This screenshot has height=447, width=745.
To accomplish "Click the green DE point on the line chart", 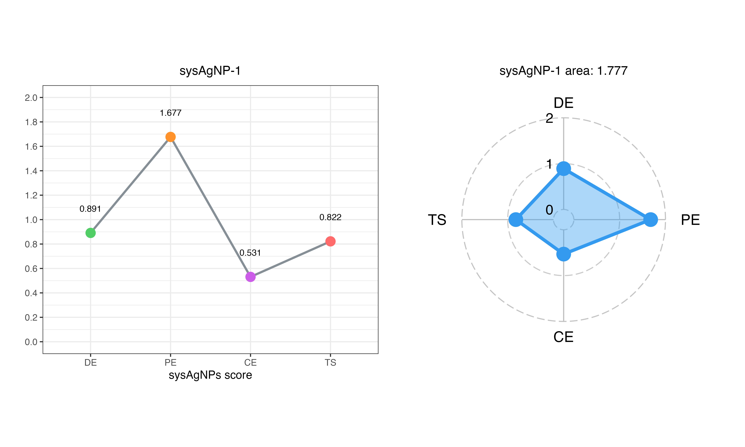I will click(90, 233).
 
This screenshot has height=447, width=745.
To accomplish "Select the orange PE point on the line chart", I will click(170, 137).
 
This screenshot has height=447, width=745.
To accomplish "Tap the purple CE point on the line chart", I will click(250, 277).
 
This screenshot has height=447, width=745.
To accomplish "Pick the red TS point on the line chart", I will click(330, 241).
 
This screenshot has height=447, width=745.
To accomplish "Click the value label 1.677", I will click(170, 113).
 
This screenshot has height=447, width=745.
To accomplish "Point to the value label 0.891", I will click(90, 209).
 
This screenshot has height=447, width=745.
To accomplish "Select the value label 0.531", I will click(250, 253).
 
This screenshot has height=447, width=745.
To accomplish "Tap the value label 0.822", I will click(330, 217).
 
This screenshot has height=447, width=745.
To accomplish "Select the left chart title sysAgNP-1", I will click(210, 71).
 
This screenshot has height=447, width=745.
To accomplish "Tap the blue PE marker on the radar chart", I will click(650, 220).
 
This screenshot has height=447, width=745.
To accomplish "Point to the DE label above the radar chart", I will click(563, 103).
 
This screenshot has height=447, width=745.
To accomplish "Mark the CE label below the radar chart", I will click(563, 337).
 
